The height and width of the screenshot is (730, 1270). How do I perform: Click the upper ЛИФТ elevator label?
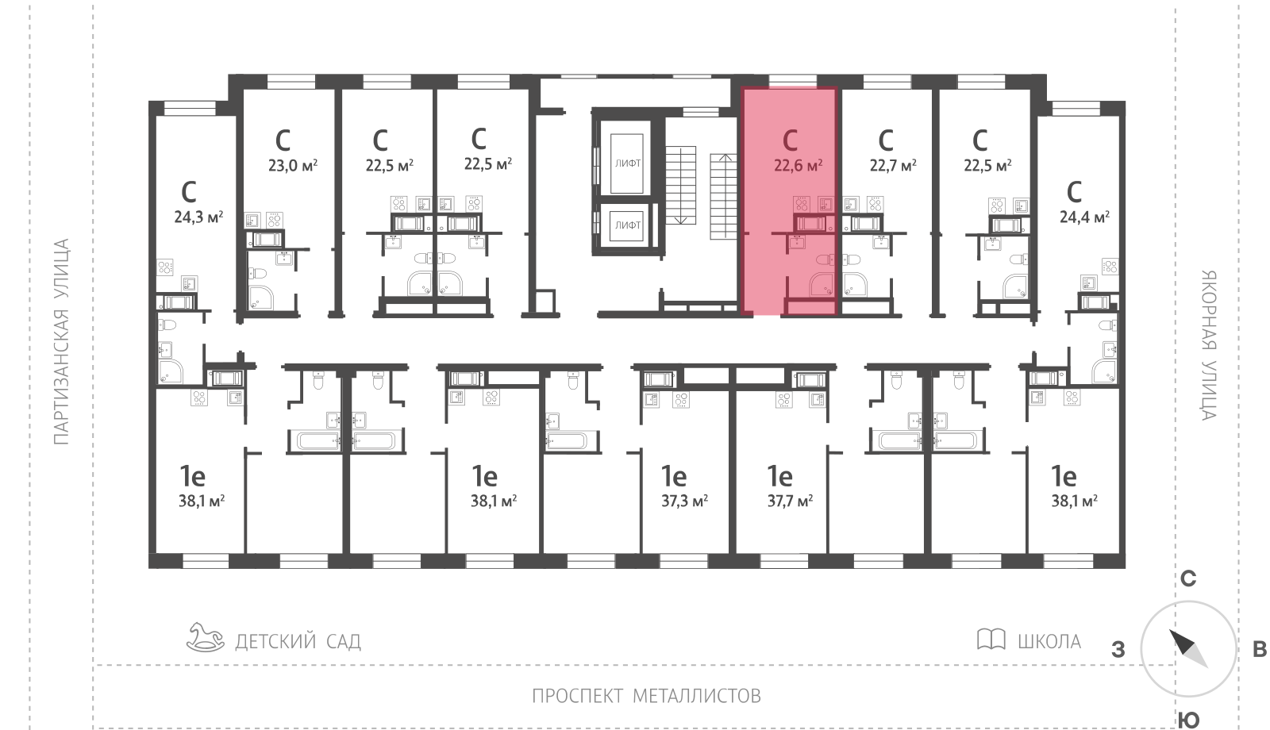628,163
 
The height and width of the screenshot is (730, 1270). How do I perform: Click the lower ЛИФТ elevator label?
628,225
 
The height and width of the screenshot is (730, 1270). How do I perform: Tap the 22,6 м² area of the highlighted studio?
798,166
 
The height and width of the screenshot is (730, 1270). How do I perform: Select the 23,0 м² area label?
293,166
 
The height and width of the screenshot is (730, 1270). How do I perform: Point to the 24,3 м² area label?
198,217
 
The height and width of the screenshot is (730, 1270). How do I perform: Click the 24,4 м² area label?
1084,217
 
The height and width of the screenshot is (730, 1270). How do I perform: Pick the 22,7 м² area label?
893,166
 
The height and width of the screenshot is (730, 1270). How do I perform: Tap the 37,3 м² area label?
684,501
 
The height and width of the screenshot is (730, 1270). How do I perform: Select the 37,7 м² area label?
790,501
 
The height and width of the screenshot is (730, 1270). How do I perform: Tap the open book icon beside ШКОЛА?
991,639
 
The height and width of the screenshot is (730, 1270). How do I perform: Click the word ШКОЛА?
1049,642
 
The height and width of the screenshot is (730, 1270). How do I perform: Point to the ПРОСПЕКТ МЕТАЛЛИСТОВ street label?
646,695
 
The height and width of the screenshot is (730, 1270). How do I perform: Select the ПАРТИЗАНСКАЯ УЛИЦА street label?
61,342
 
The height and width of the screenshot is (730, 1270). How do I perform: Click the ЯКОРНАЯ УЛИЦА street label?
1209,345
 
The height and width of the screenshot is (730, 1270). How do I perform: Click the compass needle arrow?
1188,648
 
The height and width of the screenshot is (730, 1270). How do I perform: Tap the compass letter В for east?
1259,650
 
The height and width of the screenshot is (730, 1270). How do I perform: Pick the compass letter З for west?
1118,650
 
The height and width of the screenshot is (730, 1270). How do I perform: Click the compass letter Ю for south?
1188,720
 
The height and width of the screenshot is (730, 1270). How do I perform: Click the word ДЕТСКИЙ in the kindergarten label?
276,642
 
